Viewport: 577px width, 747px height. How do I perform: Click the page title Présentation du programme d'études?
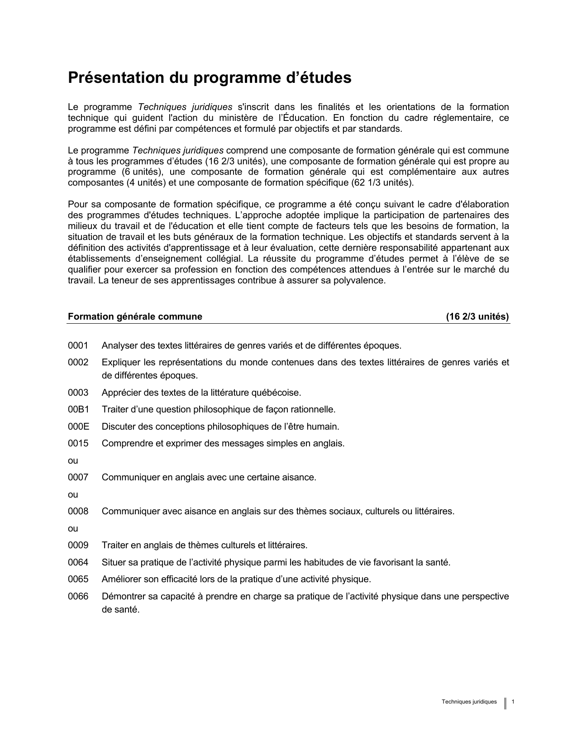(x=210, y=78)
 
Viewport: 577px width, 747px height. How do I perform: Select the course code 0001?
(x=78, y=346)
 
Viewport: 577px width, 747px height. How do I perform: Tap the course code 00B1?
(x=78, y=410)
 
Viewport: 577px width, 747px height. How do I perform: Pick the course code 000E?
(x=78, y=426)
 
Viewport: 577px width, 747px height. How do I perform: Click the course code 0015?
(x=78, y=444)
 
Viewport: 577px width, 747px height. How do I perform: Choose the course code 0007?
(x=78, y=478)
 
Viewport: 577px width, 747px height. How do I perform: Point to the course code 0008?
(x=78, y=512)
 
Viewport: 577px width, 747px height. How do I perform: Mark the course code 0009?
(x=78, y=546)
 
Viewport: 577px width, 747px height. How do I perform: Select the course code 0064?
(x=78, y=563)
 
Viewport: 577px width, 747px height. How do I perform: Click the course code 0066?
(x=78, y=597)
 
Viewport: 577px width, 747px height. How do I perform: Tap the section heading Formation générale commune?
(x=135, y=317)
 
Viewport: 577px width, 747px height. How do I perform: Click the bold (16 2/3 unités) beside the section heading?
(x=477, y=317)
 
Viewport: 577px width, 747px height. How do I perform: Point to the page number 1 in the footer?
(x=513, y=702)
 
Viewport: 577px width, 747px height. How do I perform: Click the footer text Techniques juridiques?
(x=469, y=702)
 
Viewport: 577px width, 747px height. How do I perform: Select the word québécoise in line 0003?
(x=279, y=393)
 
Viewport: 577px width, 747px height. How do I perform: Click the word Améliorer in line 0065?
(x=122, y=579)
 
